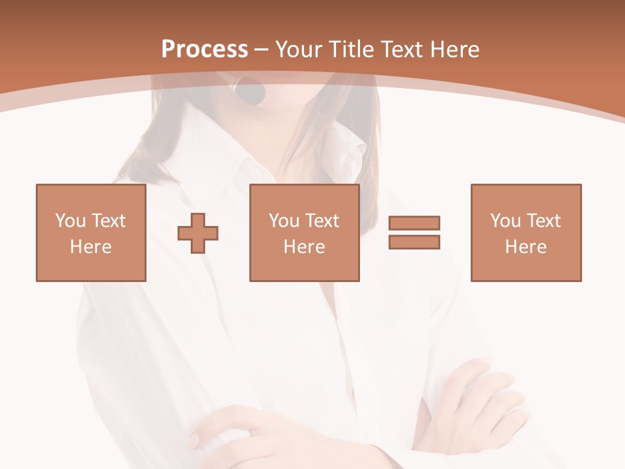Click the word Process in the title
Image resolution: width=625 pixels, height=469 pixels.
pyautogui.click(x=204, y=50)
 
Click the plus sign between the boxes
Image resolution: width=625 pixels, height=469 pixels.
pyautogui.click(x=198, y=233)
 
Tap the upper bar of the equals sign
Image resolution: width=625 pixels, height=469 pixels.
pyautogui.click(x=414, y=223)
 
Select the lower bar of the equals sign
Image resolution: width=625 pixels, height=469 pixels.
pyautogui.click(x=414, y=242)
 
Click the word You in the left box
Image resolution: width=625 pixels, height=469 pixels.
pyautogui.click(x=70, y=221)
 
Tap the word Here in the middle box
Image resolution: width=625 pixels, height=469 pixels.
pyautogui.click(x=305, y=247)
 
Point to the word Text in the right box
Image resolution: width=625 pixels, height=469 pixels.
pyautogui.click(x=544, y=221)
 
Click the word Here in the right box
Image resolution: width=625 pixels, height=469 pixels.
pyautogui.click(x=526, y=247)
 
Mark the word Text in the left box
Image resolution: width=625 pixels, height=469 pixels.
pyautogui.click(x=109, y=221)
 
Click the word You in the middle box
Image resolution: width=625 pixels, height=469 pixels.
pyautogui.click(x=284, y=221)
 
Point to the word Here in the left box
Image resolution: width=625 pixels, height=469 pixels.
pyautogui.click(x=91, y=247)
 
